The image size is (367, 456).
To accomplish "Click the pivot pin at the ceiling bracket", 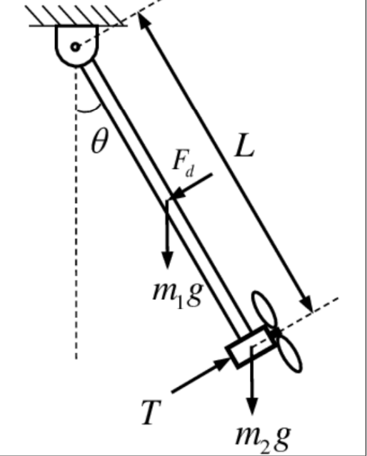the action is point(75,47).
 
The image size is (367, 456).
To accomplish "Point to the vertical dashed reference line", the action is point(75,249).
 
